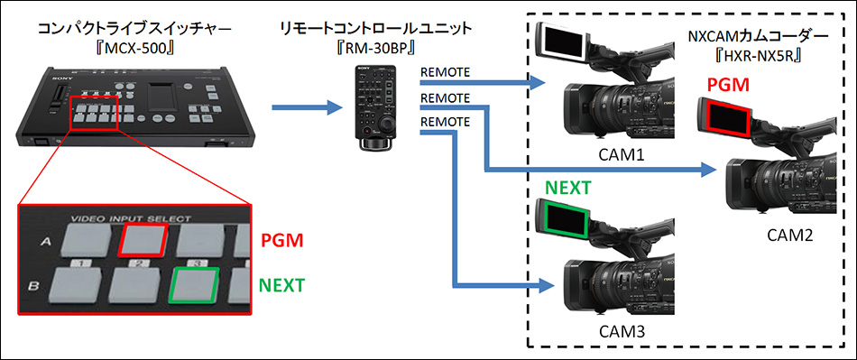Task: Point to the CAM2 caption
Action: tap(792, 235)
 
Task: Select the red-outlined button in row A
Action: tap(143, 238)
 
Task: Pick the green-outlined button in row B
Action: tap(195, 284)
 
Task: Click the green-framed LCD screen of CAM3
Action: tap(566, 218)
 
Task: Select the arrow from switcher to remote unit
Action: tap(307, 107)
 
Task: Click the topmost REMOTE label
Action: tap(445, 72)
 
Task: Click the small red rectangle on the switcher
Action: tap(94, 113)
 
